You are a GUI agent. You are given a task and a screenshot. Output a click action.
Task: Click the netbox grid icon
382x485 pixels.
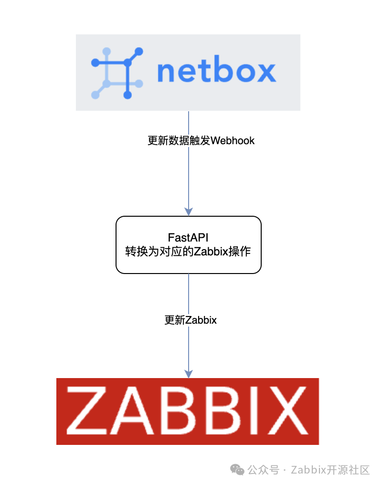click(x=117, y=73)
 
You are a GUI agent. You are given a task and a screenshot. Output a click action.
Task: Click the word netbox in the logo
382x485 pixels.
click(x=216, y=72)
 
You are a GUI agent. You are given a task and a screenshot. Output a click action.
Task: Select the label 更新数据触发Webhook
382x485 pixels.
click(x=201, y=141)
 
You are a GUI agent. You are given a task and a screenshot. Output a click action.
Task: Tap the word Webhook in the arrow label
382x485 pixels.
click(x=233, y=141)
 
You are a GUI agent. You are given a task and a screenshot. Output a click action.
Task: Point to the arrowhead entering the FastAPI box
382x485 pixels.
click(x=189, y=212)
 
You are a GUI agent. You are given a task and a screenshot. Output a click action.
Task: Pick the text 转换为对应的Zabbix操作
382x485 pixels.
click(x=188, y=252)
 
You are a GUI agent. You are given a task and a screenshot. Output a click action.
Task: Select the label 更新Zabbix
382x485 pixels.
click(x=191, y=320)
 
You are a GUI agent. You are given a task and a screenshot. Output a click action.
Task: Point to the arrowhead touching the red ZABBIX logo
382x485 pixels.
click(x=189, y=374)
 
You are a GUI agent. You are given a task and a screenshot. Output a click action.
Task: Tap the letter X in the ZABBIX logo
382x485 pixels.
click(x=286, y=411)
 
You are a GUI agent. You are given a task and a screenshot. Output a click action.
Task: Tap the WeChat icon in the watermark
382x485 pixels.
click(x=237, y=470)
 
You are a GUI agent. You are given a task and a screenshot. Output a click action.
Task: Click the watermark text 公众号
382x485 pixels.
click(x=263, y=470)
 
